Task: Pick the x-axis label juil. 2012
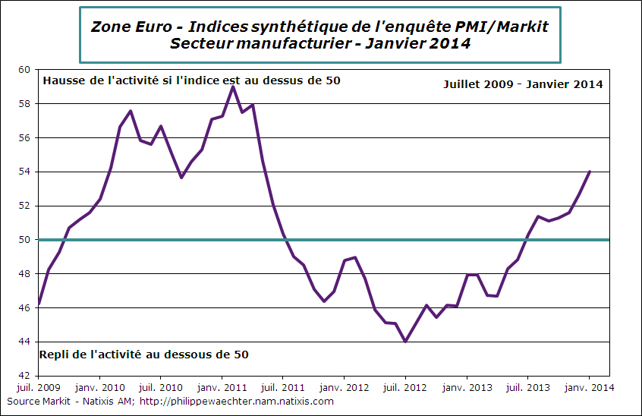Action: click(406, 387)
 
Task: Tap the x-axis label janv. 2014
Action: click(590, 387)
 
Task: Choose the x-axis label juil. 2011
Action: click(283, 387)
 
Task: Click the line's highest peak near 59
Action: click(233, 87)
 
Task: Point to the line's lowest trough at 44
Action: click(406, 342)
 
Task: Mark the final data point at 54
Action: click(590, 172)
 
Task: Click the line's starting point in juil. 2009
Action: click(39, 304)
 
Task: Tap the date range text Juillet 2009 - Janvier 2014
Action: click(523, 84)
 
